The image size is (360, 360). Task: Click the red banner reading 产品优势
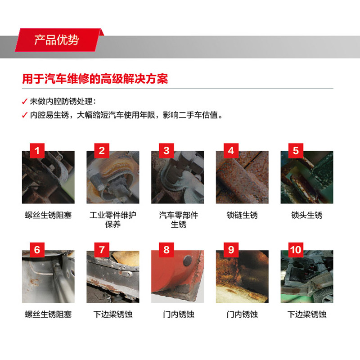coord(57,40)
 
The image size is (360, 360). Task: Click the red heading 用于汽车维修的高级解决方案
coord(95,79)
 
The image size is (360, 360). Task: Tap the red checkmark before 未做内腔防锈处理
coord(25,101)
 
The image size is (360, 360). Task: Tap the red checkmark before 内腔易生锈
coord(25,115)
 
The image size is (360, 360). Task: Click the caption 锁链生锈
coord(242,215)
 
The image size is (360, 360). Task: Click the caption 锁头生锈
coord(307,215)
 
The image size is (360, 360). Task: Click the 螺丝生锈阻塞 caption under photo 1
coord(48,215)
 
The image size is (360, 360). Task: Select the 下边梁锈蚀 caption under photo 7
coord(113,314)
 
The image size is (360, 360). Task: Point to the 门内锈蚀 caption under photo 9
coord(242,314)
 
